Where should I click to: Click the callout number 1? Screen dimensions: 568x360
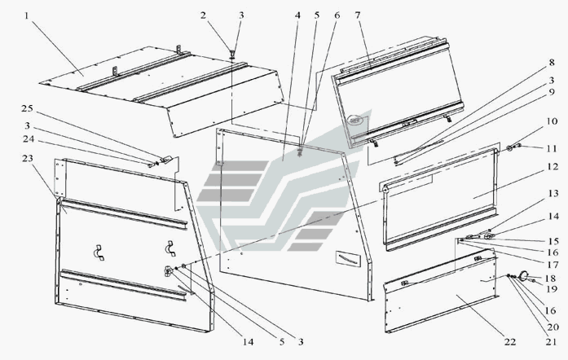tap(26, 15)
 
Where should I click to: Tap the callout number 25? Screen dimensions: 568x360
tap(27, 108)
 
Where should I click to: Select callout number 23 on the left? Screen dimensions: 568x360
tap(27, 158)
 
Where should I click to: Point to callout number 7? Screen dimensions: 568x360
tap(358, 15)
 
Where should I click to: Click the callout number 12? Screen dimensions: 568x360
tap(553, 166)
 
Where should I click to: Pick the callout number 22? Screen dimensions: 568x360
tap(509, 341)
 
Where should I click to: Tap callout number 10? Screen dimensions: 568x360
tap(552, 121)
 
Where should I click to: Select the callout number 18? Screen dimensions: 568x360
tap(550, 279)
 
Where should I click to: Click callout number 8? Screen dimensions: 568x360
tap(552, 62)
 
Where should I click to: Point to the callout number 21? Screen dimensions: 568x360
tap(551, 341)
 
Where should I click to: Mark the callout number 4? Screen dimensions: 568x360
tap(297, 15)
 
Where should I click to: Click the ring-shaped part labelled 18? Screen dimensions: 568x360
tap(522, 276)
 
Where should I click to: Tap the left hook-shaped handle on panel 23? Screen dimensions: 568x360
tap(97, 252)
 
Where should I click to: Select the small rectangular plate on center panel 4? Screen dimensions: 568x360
tap(348, 258)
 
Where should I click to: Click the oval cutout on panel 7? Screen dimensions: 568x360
tap(355, 120)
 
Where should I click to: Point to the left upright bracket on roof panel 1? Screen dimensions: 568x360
tap(115, 71)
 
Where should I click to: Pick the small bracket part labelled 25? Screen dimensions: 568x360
tap(165, 160)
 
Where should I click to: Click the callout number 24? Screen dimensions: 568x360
tap(29, 138)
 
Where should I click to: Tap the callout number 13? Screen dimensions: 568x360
tap(553, 193)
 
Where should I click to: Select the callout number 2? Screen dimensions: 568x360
tap(203, 15)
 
